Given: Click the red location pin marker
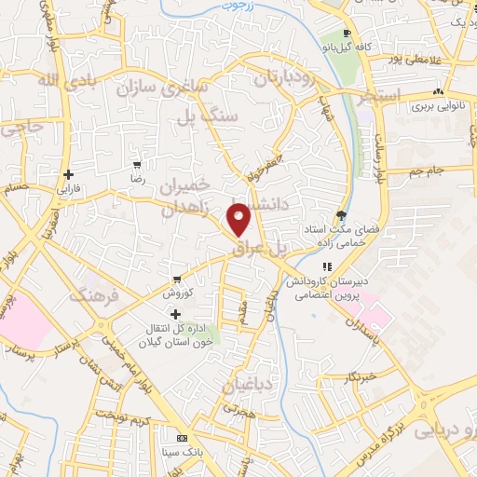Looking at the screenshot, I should pos(240,218).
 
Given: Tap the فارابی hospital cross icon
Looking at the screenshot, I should pos(69,174).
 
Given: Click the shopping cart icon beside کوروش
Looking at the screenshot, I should pos(175,279).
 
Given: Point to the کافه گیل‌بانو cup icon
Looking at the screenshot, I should pos(347,34).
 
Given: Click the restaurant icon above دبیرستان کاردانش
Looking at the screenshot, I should pos(327,266).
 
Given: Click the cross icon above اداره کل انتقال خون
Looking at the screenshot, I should pos(175,314).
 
